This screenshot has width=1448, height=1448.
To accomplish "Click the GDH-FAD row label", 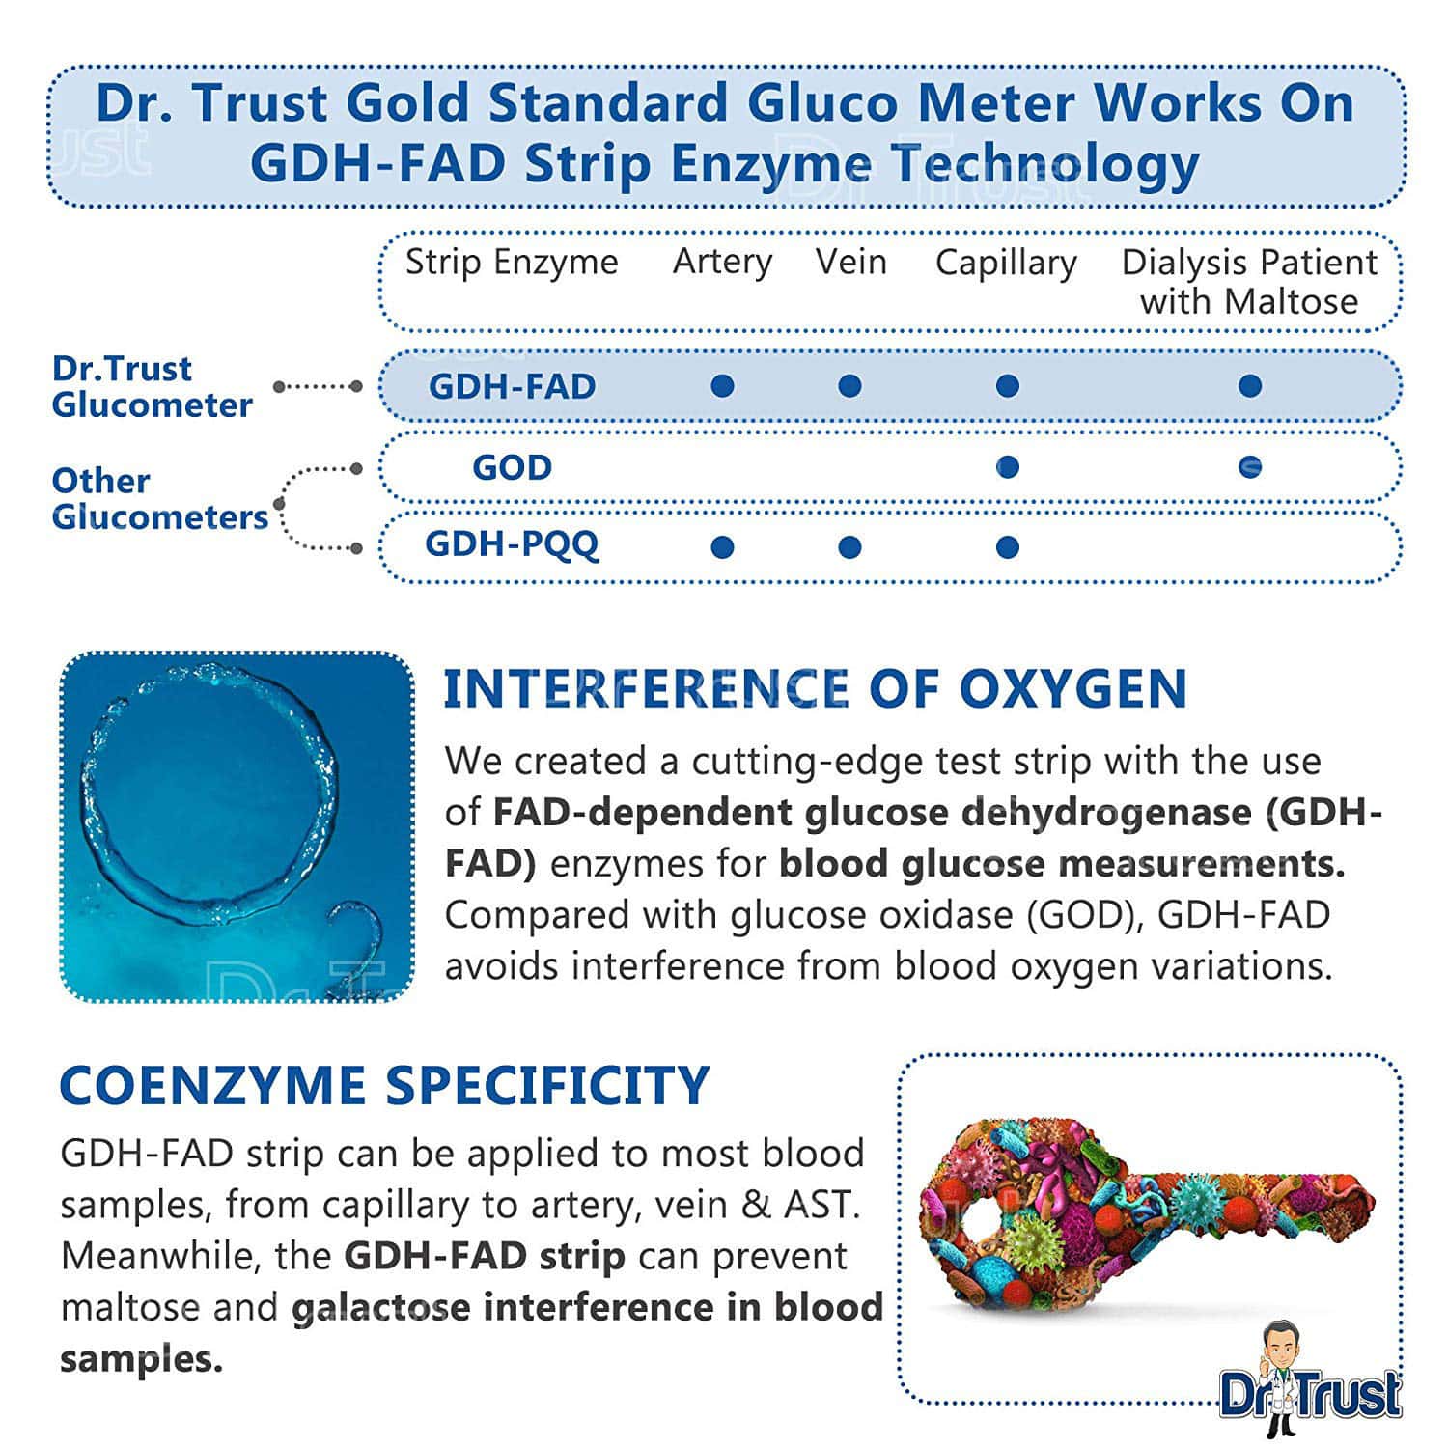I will [x=512, y=386].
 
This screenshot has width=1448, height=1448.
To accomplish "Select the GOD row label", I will [x=512, y=467].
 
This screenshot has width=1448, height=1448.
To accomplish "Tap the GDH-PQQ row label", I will [x=512, y=544].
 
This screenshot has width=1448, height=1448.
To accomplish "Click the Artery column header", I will [x=722, y=262].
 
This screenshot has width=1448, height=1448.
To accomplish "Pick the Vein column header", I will [x=850, y=262].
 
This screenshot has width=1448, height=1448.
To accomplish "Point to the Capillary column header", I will [x=1006, y=263].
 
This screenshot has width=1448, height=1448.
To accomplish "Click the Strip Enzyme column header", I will [x=512, y=262].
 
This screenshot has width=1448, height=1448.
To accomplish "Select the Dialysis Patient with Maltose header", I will [x=1249, y=281].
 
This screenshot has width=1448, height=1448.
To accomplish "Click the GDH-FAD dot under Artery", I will [x=722, y=386].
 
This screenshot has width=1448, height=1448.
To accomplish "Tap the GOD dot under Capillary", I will [x=1007, y=467].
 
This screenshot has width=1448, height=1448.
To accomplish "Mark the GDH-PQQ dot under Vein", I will [x=849, y=547].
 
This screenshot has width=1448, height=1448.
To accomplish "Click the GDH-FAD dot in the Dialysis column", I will [x=1250, y=386].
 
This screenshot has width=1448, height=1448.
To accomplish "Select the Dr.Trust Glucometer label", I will [x=152, y=386].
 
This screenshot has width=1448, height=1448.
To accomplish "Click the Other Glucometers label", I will [x=159, y=498].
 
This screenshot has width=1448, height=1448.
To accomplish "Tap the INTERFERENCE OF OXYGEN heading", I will [x=815, y=689].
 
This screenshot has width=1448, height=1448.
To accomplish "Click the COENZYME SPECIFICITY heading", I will [x=384, y=1085].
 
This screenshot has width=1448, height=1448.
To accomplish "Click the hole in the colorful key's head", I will [x=977, y=1219].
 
